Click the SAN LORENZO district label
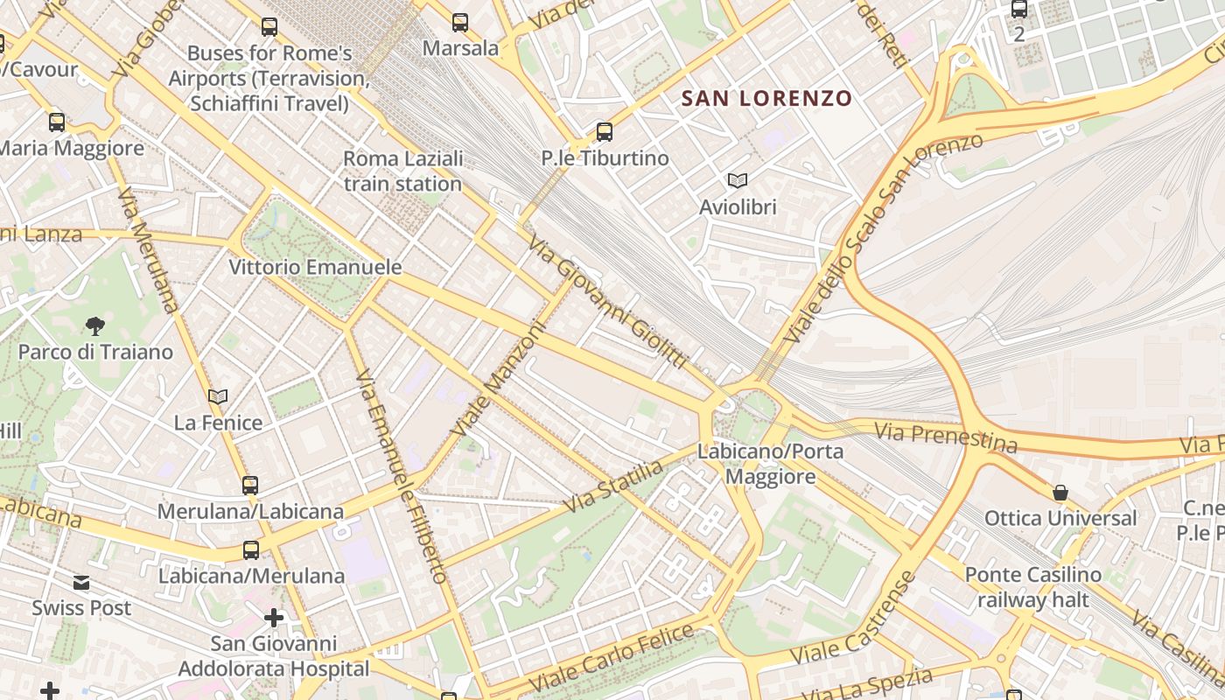click(766, 98)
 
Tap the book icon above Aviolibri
click(738, 180)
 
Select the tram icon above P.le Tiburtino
click(604, 132)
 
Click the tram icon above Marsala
click(460, 23)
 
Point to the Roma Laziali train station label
click(402, 171)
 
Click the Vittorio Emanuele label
click(315, 267)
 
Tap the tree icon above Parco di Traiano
click(95, 326)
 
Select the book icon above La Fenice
click(218, 397)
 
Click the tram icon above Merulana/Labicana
click(250, 485)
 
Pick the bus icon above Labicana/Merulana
click(251, 550)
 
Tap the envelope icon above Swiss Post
click(81, 583)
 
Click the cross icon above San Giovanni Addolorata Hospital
click(274, 619)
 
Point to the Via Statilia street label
click(613, 486)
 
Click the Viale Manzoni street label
click(498, 380)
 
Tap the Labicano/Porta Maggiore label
click(771, 464)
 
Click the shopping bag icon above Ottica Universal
click(1060, 493)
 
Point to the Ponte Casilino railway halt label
click(1032, 587)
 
